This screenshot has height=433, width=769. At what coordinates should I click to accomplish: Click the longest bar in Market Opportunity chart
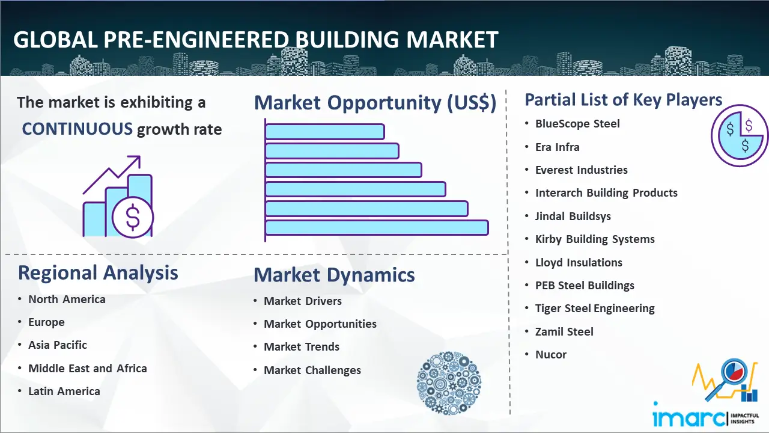(x=377, y=228)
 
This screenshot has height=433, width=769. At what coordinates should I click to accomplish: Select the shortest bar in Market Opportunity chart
(x=325, y=132)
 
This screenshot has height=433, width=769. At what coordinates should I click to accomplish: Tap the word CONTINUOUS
(x=78, y=129)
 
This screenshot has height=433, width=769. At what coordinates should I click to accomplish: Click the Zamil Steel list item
(x=564, y=331)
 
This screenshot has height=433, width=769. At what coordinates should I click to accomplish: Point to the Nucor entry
(x=551, y=354)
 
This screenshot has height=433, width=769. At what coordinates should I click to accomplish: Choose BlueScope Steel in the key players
(x=577, y=124)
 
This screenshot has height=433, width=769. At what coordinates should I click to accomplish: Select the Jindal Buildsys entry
(x=573, y=216)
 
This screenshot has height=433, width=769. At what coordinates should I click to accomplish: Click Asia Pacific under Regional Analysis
(x=58, y=345)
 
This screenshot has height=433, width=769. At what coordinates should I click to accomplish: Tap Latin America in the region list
(x=64, y=391)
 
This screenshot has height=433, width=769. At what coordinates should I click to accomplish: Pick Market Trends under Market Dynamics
(x=302, y=347)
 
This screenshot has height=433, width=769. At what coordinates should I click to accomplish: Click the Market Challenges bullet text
(x=312, y=370)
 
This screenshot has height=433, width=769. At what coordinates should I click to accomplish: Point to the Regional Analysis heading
(x=98, y=273)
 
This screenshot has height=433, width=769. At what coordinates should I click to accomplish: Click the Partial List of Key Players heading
(x=624, y=100)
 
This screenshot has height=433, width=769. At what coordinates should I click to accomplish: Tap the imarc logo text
(x=689, y=417)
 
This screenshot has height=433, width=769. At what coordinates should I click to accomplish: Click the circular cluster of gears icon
(x=449, y=383)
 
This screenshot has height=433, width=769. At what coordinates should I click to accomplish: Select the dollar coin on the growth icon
(x=133, y=217)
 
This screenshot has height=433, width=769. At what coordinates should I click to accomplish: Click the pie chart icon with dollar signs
(x=740, y=136)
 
